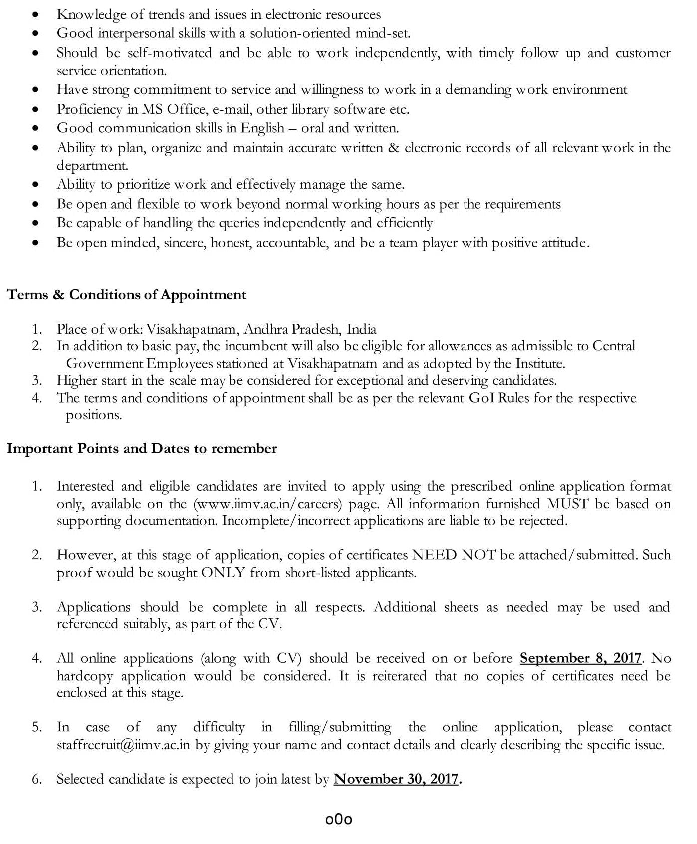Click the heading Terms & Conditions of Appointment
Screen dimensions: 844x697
coord(126,295)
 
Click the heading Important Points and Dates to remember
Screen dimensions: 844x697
coord(142,448)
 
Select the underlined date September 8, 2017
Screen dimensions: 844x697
coord(580,658)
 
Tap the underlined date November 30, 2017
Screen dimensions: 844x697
coord(396,779)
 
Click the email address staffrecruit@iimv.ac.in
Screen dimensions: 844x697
coord(123,745)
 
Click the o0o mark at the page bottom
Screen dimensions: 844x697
coord(339,820)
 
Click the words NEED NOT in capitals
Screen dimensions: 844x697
coord(454,555)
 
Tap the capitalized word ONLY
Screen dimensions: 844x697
coord(223,573)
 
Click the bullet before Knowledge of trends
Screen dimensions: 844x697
coord(35,15)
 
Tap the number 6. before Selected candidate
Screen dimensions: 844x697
coord(37,779)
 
